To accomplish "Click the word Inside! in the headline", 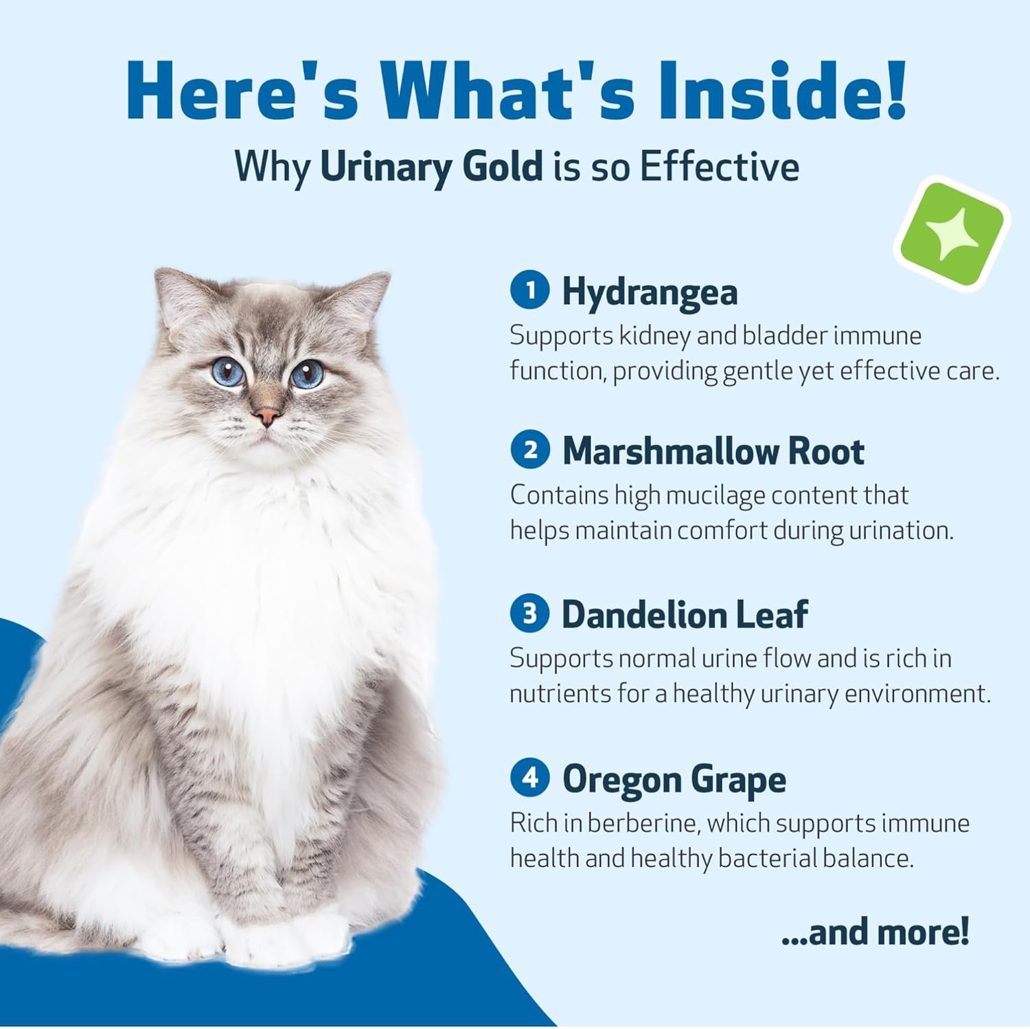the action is tap(781, 91).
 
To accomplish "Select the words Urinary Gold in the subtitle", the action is tap(431, 167).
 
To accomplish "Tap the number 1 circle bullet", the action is tap(530, 290).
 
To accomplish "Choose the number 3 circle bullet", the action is tap(530, 613).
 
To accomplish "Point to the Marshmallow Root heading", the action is tap(713, 451).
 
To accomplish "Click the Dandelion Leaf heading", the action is tap(685, 614).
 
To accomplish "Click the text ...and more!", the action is tap(875, 932).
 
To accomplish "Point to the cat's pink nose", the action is tap(266, 415).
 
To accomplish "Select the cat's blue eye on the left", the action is tap(228, 371).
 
